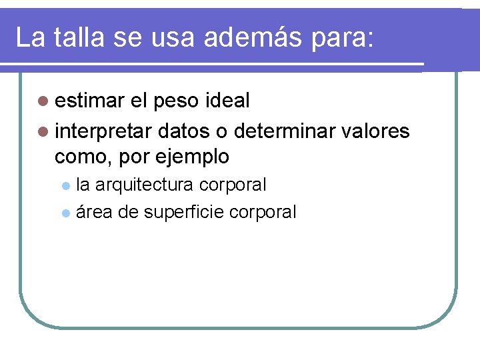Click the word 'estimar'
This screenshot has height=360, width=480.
(90, 101)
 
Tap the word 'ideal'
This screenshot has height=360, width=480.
(229, 101)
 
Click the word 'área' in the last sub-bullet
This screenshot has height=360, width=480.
(93, 213)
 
